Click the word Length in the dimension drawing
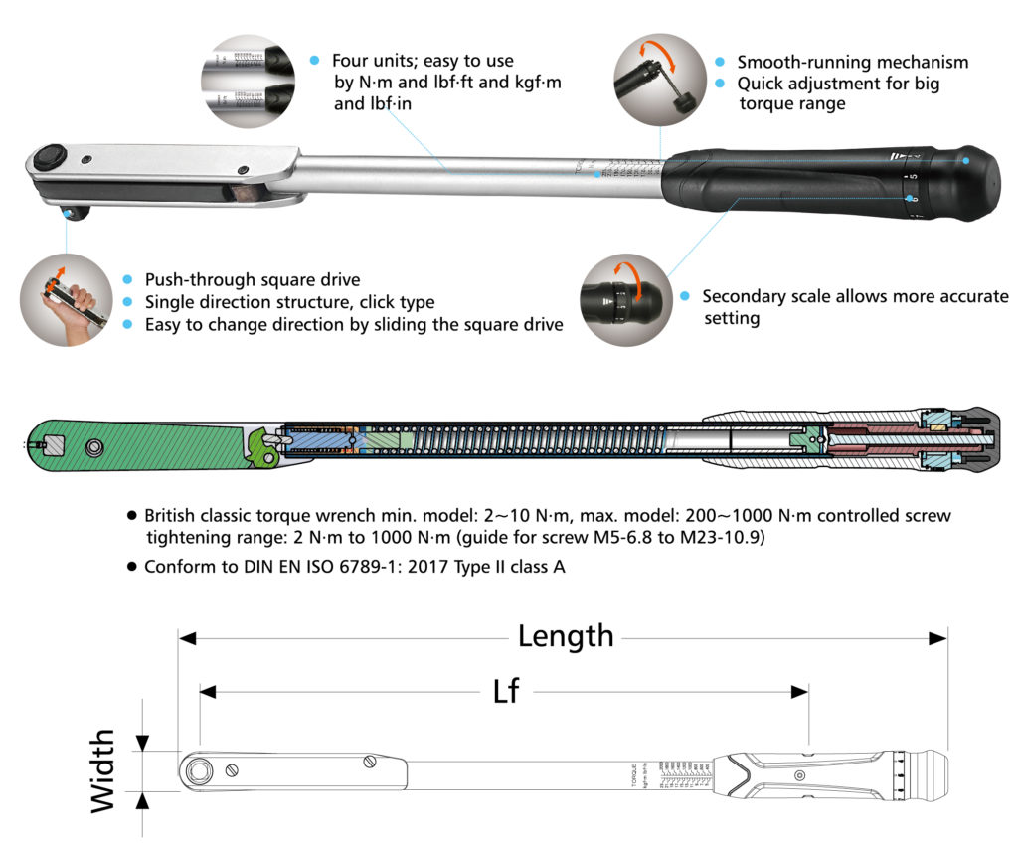(565, 636)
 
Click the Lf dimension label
(506, 691)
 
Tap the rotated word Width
(103, 771)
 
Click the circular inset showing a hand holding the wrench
(66, 299)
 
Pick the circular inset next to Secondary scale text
(627, 299)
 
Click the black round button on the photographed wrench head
(49, 158)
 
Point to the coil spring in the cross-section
(517, 438)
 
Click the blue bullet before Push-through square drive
(127, 280)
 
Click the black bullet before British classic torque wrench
(132, 516)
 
